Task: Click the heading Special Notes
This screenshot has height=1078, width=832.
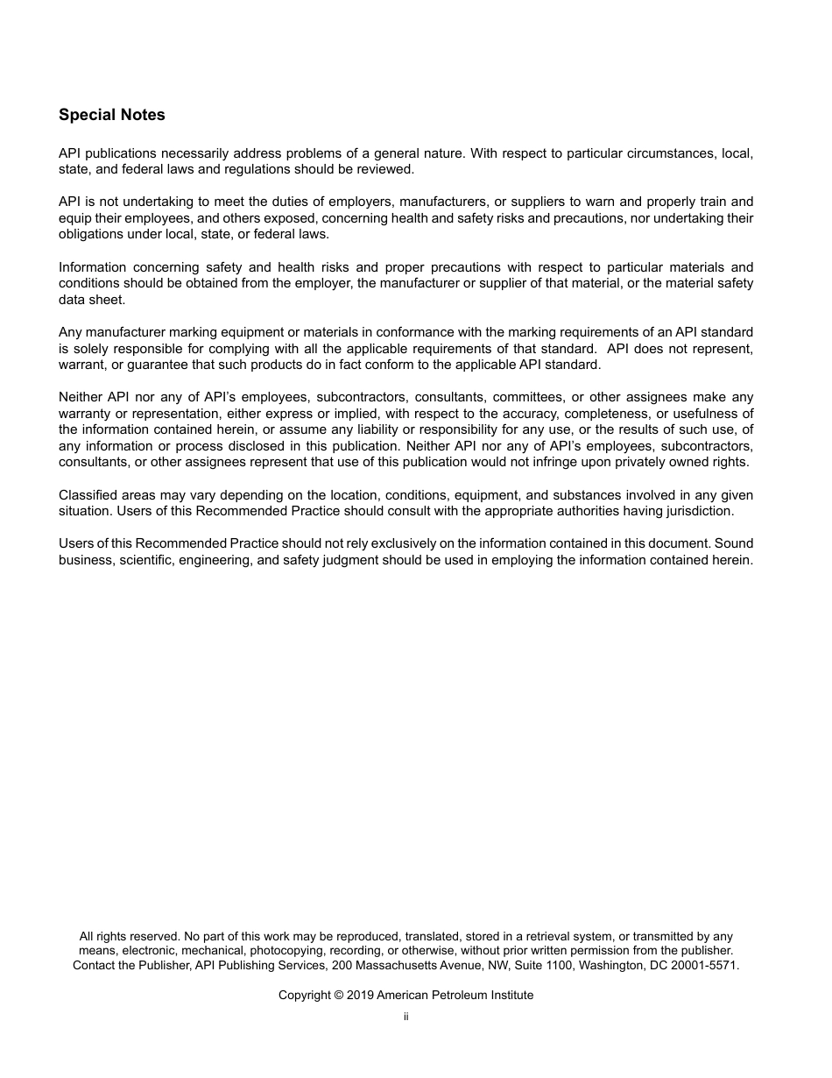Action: (x=111, y=115)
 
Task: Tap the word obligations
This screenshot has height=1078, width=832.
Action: (x=91, y=234)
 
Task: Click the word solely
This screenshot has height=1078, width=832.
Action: (x=89, y=348)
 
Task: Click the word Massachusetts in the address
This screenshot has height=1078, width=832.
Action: (x=389, y=965)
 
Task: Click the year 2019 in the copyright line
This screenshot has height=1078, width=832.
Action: (x=359, y=995)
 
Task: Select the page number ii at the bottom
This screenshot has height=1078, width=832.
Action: (x=406, y=1017)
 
